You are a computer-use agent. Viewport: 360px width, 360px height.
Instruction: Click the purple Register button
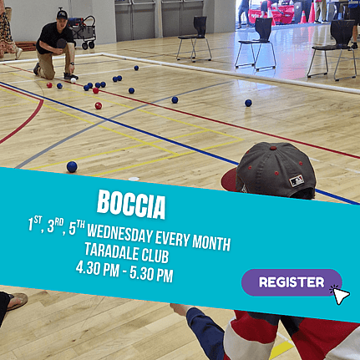292,282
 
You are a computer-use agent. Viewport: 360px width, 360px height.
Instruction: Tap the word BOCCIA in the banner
131,205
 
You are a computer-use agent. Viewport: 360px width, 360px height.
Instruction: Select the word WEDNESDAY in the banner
120,236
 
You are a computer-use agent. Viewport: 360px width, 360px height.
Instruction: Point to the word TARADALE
112,251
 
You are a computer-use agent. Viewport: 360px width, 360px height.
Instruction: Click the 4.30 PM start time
98,269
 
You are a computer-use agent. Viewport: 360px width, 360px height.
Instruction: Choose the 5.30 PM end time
151,275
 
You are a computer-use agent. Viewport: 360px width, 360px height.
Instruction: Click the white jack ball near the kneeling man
74,80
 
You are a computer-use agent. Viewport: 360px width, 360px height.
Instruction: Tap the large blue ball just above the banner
72,167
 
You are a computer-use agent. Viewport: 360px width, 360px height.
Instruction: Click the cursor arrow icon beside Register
340,295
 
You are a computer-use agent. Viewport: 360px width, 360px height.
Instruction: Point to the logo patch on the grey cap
297,181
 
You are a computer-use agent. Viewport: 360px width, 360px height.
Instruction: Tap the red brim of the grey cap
229,180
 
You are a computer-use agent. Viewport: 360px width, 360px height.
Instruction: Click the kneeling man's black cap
62,14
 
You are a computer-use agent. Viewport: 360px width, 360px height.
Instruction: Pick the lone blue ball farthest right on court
248,103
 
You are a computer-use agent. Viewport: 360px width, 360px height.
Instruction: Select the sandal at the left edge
17,300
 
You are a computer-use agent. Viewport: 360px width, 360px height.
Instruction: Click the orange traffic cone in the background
302,18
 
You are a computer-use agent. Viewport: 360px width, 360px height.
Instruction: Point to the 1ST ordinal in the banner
34,223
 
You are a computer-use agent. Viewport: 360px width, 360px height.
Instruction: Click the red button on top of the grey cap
273,148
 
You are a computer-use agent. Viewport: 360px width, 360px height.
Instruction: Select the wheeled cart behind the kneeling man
83,32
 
